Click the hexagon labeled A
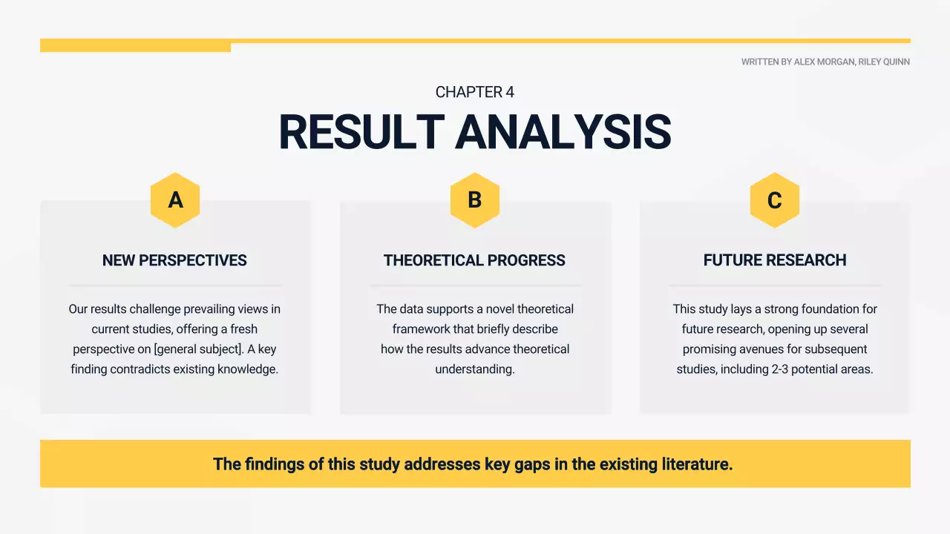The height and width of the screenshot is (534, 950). point(175,200)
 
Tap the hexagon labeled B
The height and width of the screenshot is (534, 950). point(475,200)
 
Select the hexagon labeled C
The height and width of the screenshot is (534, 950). point(774,200)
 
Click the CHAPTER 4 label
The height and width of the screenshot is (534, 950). point(475,93)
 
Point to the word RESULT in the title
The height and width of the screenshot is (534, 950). point(361,133)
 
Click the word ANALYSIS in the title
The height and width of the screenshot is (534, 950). point(563,133)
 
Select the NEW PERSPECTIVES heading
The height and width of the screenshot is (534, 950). point(174,260)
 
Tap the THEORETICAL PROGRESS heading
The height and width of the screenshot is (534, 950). point(474,260)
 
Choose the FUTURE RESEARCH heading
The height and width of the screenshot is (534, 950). point(775,260)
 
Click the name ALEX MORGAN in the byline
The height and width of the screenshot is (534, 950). point(824,62)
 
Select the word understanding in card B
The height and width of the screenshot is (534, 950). point(475,369)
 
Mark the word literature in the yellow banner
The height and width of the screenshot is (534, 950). point(696,464)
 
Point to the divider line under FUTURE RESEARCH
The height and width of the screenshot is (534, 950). point(775,285)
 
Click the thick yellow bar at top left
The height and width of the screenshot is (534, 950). point(135,46)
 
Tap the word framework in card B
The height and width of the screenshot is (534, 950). point(421,329)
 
